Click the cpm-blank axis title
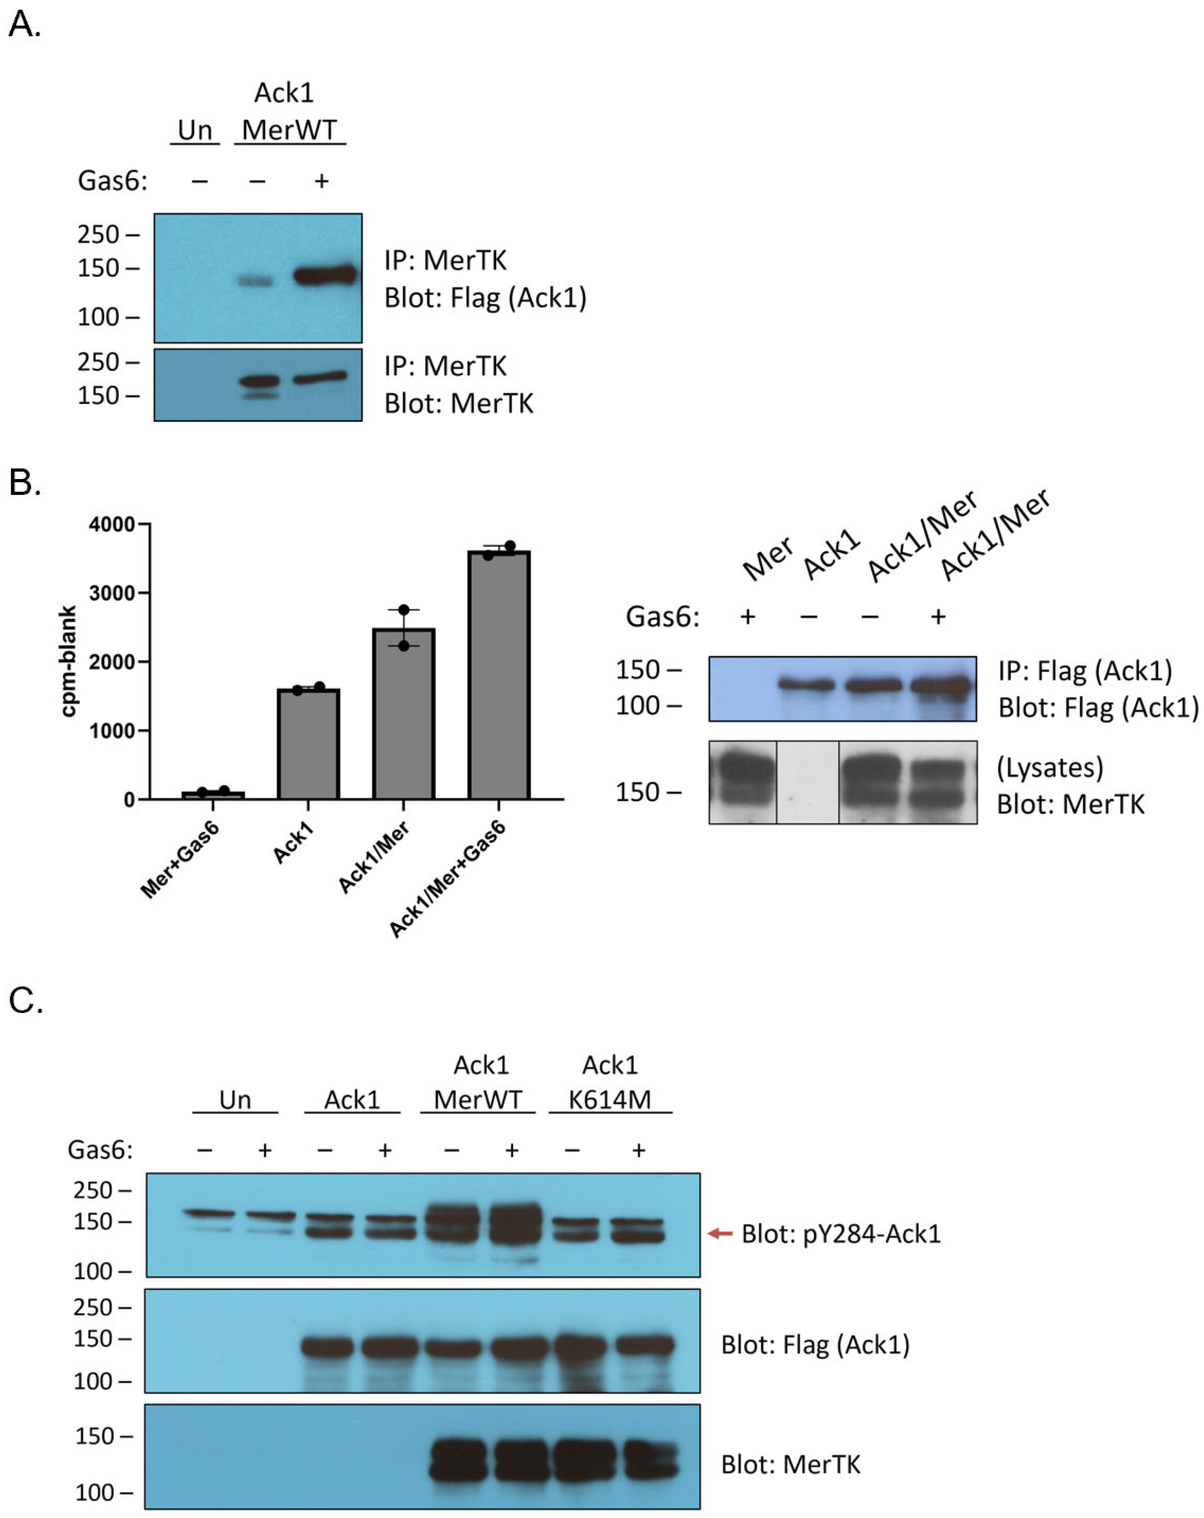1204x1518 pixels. tap(68, 661)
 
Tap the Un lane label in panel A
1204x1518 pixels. tap(195, 130)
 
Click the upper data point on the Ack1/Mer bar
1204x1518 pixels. tap(404, 610)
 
